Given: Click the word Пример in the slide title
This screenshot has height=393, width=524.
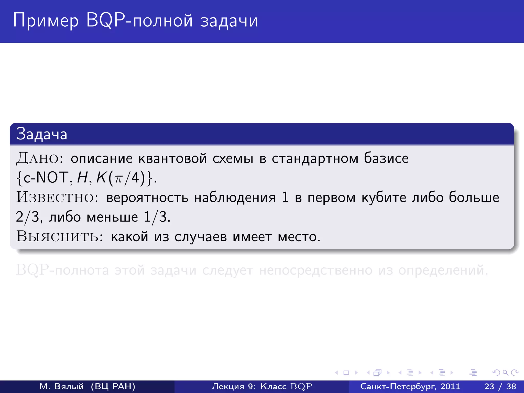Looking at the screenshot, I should (x=46, y=20).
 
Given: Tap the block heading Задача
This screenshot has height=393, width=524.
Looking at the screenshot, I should (x=42, y=134).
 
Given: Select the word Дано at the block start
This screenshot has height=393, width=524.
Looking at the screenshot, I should (x=37, y=158).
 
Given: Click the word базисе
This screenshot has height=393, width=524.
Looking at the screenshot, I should (x=386, y=158).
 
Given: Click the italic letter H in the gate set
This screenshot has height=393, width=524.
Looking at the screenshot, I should (x=82, y=178).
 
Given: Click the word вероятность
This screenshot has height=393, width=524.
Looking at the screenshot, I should (x=147, y=198).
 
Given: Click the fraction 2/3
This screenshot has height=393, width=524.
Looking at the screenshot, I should (x=28, y=217).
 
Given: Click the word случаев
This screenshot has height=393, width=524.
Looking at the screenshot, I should (x=201, y=236).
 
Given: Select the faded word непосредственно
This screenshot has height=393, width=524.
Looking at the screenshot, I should (x=315, y=270).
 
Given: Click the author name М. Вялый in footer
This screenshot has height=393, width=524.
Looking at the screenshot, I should (x=61, y=386).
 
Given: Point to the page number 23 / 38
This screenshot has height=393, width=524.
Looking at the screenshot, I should (x=500, y=386).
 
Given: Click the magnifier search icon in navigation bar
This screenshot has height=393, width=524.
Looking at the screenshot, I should (x=505, y=373).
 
